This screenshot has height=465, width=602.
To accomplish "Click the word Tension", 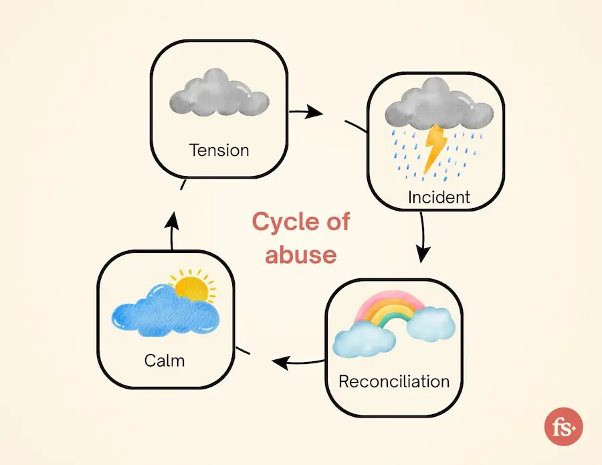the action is click(219, 150).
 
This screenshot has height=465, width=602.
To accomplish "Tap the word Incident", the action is click(439, 197).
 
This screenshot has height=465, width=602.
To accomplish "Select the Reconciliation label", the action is click(394, 381).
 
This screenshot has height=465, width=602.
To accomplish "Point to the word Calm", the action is click(165, 360).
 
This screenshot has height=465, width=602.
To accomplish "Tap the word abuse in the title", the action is click(301, 254).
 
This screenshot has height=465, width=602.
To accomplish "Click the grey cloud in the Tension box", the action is click(219, 93).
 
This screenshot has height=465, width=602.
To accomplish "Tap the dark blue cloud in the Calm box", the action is click(166, 311).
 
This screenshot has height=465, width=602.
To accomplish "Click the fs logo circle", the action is click(563, 427).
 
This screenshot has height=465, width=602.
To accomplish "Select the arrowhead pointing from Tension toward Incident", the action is click(314, 112).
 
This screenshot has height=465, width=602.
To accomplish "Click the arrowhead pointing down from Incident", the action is click(422, 254).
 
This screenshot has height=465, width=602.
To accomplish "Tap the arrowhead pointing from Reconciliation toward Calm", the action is click(280, 363).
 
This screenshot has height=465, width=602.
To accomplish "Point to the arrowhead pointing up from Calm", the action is click(173, 221).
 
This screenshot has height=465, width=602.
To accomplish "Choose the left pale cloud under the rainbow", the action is click(364, 339).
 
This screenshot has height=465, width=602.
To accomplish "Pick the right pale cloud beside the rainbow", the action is click(431, 323).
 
